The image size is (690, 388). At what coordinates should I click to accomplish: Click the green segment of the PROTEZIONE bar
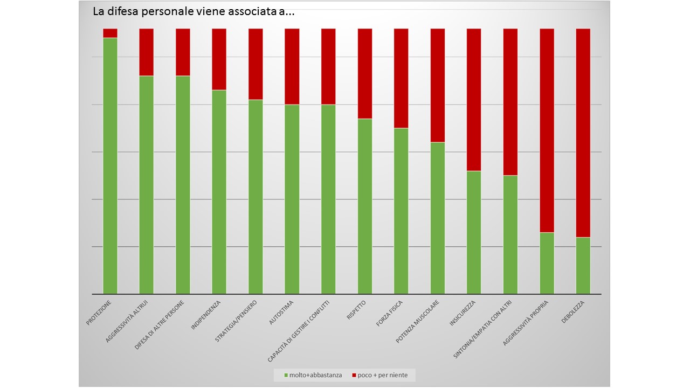110,166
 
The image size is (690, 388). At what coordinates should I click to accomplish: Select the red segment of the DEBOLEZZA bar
583,133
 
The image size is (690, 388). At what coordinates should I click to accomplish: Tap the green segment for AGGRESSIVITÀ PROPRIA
547,263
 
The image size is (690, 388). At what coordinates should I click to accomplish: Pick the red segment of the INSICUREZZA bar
474,100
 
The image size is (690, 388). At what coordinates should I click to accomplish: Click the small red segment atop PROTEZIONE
110,33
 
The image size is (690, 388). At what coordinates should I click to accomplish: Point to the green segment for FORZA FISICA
401,211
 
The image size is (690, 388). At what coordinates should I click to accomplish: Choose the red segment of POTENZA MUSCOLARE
438,85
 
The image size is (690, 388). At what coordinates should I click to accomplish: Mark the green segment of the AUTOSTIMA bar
292,199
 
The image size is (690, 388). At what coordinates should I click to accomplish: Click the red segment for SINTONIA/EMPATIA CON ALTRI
510,102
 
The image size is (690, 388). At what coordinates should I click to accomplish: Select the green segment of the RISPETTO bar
365,206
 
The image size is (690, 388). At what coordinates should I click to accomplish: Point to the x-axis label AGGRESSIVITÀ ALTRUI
127,321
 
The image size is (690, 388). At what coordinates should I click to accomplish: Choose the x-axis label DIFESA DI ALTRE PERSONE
160,325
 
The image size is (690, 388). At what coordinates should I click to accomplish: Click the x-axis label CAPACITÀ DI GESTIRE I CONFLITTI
302,331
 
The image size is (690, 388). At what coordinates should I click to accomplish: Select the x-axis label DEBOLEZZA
573,311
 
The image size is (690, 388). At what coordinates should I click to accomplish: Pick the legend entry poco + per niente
383,375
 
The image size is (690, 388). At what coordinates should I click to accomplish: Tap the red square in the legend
354,375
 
